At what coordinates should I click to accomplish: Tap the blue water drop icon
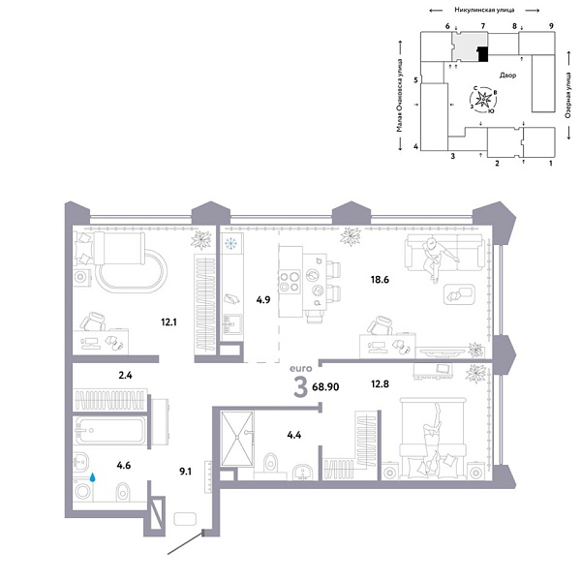[94, 477]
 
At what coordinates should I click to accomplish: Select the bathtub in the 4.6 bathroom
[108, 429]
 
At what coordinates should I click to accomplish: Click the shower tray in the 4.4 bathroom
[235, 441]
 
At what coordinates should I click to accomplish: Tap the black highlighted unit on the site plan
[482, 54]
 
